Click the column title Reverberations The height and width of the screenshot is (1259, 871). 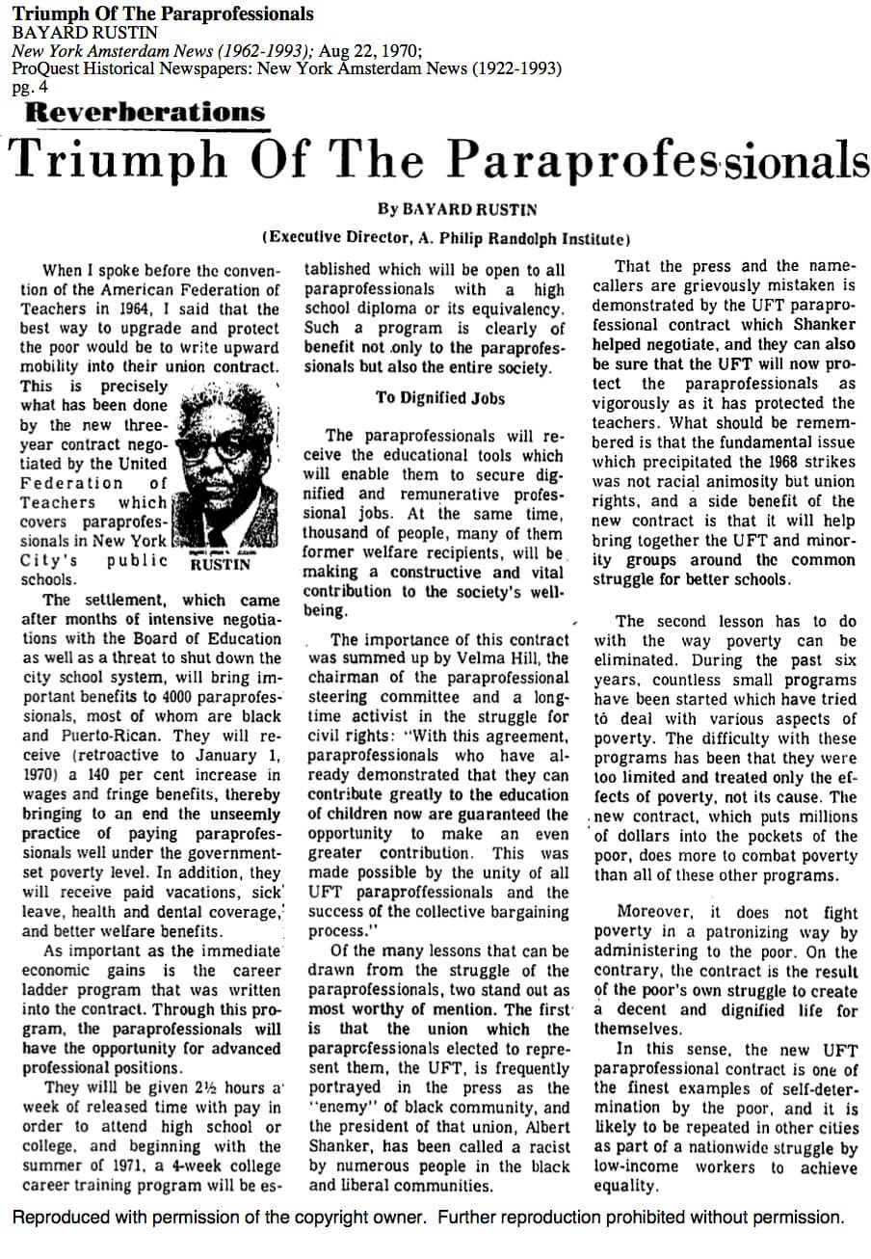point(145,113)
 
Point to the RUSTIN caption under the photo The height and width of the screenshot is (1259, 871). point(221,563)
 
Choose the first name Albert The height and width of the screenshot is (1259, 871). point(542,1127)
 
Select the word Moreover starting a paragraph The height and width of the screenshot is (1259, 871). point(654,912)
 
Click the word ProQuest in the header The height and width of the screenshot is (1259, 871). point(43,69)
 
